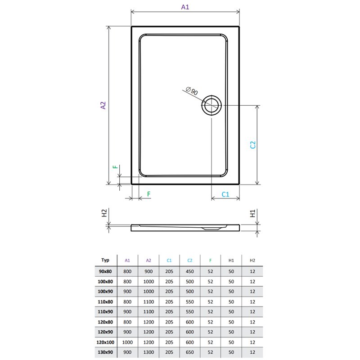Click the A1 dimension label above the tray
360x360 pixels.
[185, 7]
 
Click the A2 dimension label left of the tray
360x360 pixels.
[103, 105]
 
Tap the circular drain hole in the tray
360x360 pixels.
[211, 106]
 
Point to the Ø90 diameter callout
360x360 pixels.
[192, 91]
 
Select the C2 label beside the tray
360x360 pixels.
[253, 145]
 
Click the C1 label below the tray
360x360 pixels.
[225, 194]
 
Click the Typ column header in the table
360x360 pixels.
[106, 260]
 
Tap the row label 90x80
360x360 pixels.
[106, 271]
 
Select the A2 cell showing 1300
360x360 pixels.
[148, 352]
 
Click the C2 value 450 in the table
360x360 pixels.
[190, 271]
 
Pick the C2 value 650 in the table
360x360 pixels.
[190, 352]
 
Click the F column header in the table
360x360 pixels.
[210, 260]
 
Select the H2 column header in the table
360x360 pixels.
[252, 260]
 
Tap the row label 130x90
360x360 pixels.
[106, 352]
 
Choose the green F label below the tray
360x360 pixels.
[148, 194]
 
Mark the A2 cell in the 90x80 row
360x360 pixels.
[148, 271]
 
